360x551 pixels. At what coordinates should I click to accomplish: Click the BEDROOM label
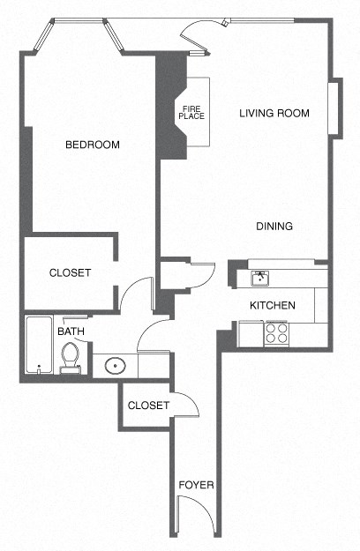pyautogui.click(x=92, y=145)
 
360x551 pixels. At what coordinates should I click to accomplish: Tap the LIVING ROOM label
pyautogui.click(x=274, y=113)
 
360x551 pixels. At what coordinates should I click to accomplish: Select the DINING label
pyautogui.click(x=274, y=227)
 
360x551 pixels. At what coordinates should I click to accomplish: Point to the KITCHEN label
pyautogui.click(x=272, y=305)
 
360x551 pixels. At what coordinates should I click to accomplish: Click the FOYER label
pyautogui.click(x=196, y=485)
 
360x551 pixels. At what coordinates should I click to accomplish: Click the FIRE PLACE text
pyautogui.click(x=191, y=112)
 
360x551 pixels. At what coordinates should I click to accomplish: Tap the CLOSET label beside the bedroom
pyautogui.click(x=70, y=273)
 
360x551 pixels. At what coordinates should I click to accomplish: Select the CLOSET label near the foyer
pyautogui.click(x=148, y=406)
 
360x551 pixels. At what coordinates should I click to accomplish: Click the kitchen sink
pyautogui.click(x=261, y=279)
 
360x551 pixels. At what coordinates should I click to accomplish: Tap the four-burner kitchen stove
pyautogui.click(x=277, y=333)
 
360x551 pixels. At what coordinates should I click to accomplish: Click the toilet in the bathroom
pyautogui.click(x=71, y=359)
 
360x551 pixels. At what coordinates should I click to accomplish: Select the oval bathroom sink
pyautogui.click(x=112, y=365)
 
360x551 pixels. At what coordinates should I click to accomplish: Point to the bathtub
pyautogui.click(x=38, y=346)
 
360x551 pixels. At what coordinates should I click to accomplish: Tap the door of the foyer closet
pyautogui.click(x=185, y=405)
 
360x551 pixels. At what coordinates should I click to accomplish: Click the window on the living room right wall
pyautogui.click(x=334, y=108)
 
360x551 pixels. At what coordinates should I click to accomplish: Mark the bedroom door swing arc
pyautogui.click(x=135, y=294)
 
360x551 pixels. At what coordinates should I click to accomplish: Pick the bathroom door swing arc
pyautogui.click(x=152, y=336)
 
